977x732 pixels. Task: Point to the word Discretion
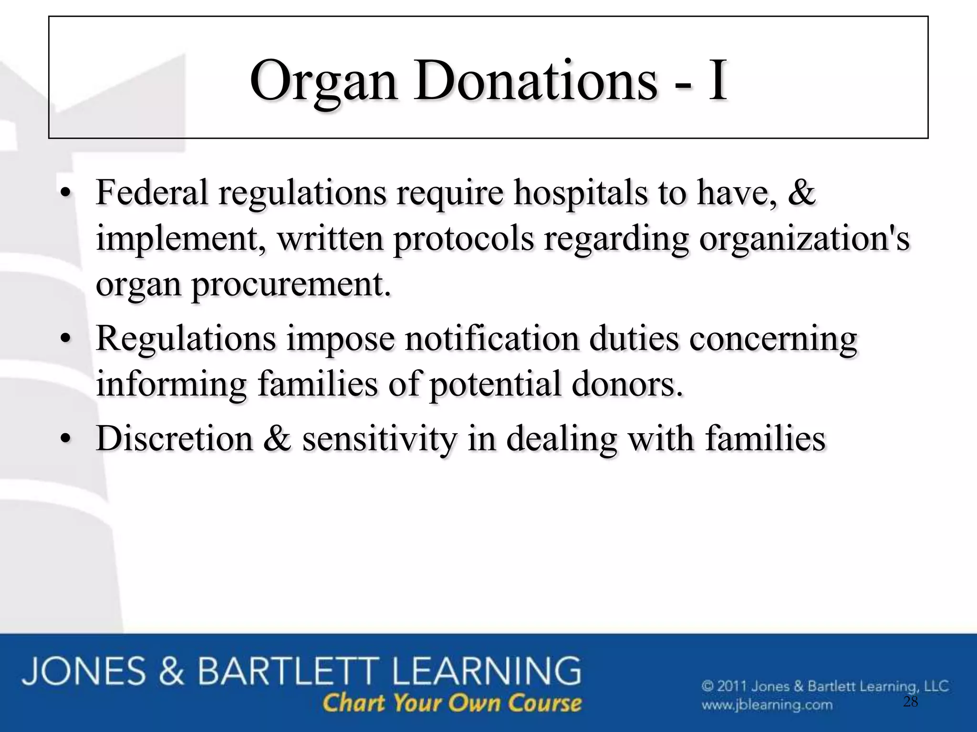175,438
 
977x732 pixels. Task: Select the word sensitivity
380,439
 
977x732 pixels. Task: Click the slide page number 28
911,702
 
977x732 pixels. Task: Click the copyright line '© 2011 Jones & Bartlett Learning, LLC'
825,687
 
